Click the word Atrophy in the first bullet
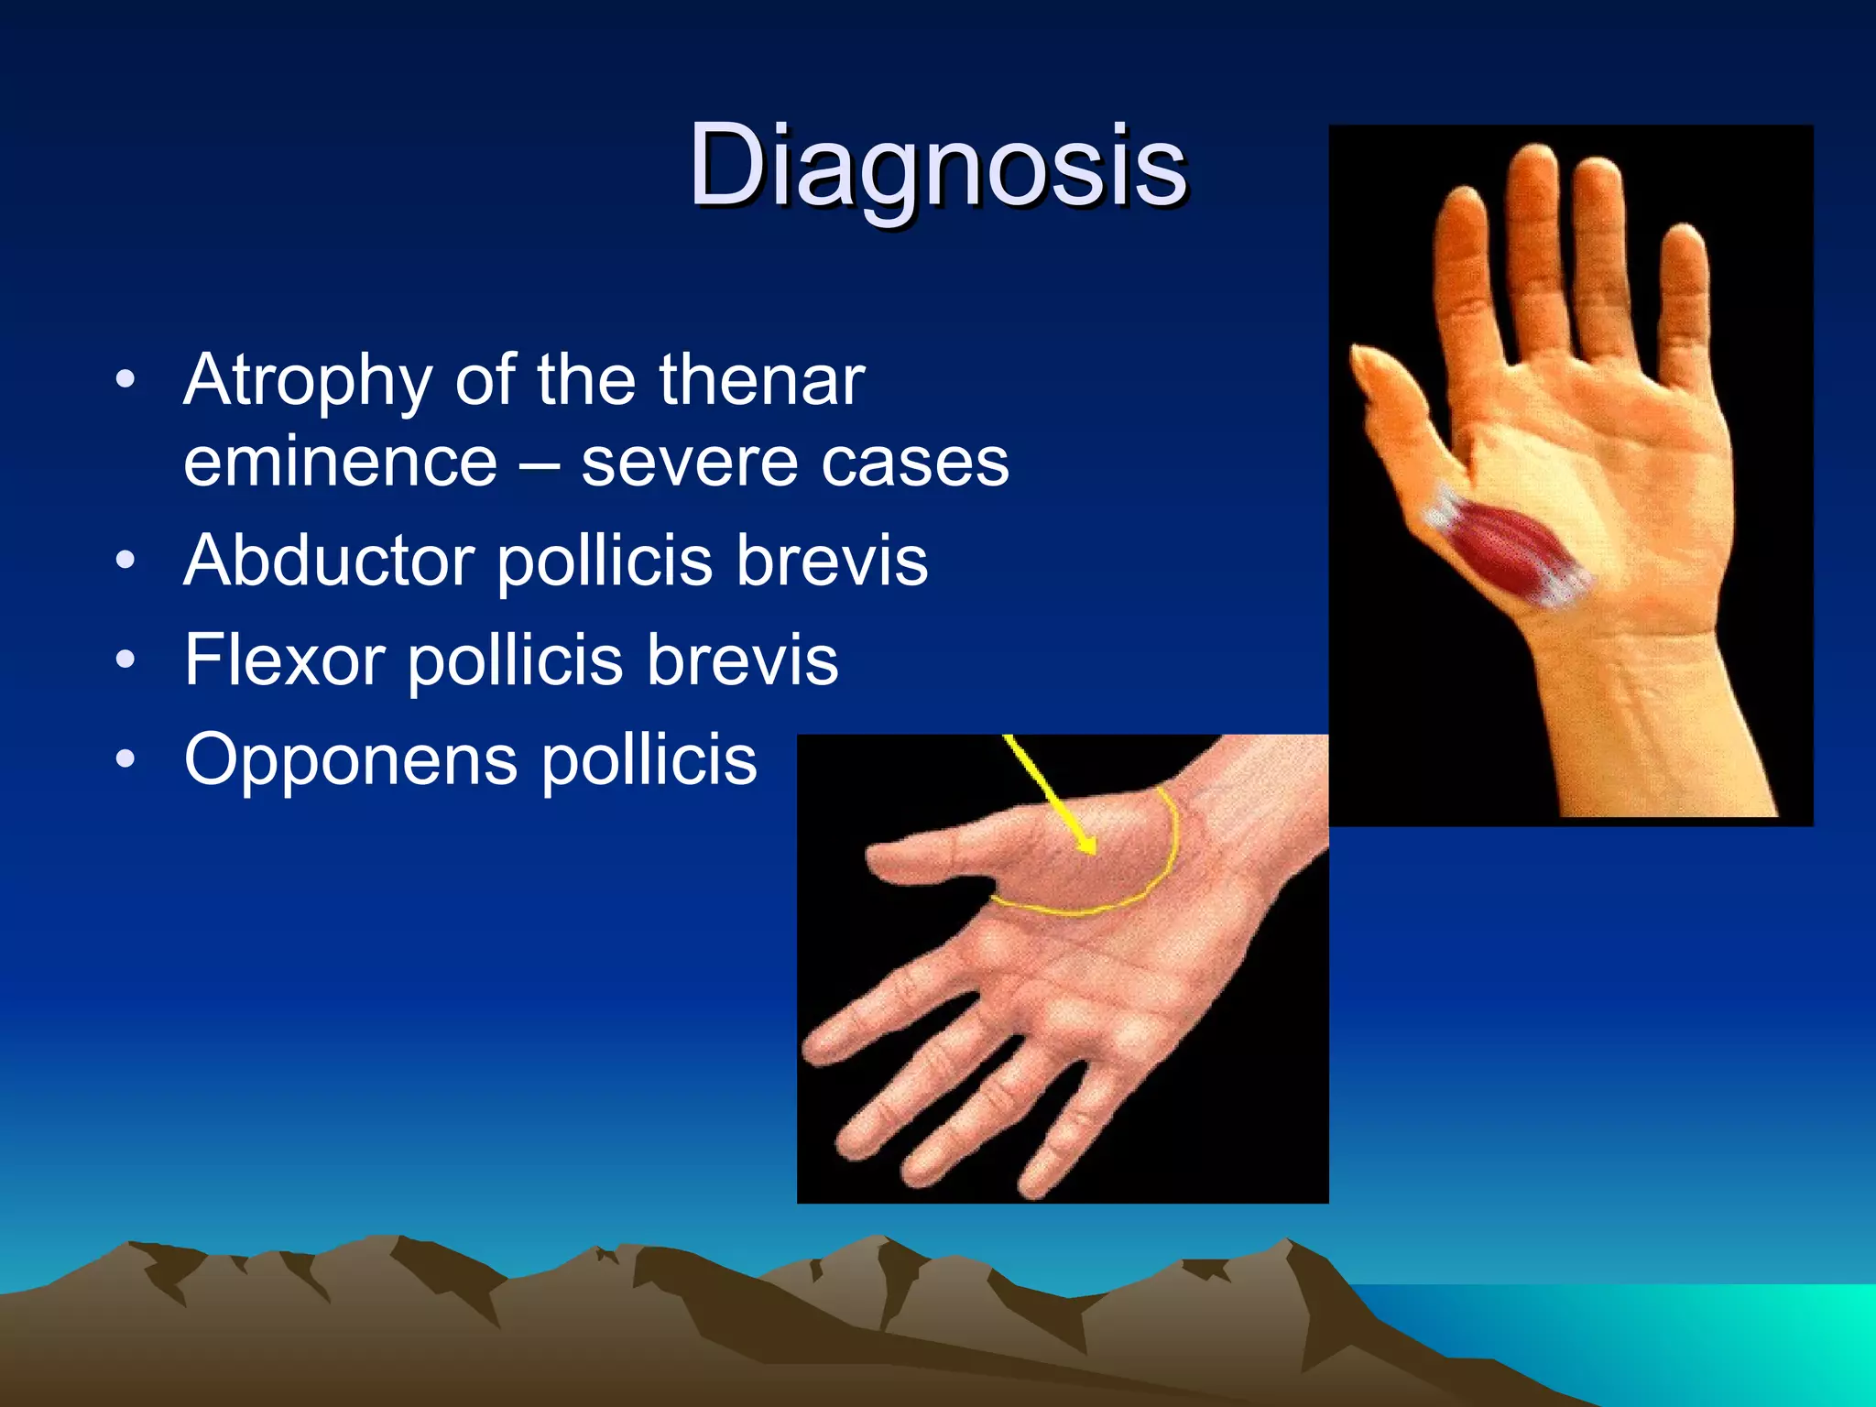pos(308,381)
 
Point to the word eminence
pos(340,462)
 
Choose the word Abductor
pos(328,561)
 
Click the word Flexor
pos(285,660)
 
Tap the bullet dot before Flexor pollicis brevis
pos(126,660)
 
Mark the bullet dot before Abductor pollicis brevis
pos(126,560)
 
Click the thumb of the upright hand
pos(1388,385)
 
